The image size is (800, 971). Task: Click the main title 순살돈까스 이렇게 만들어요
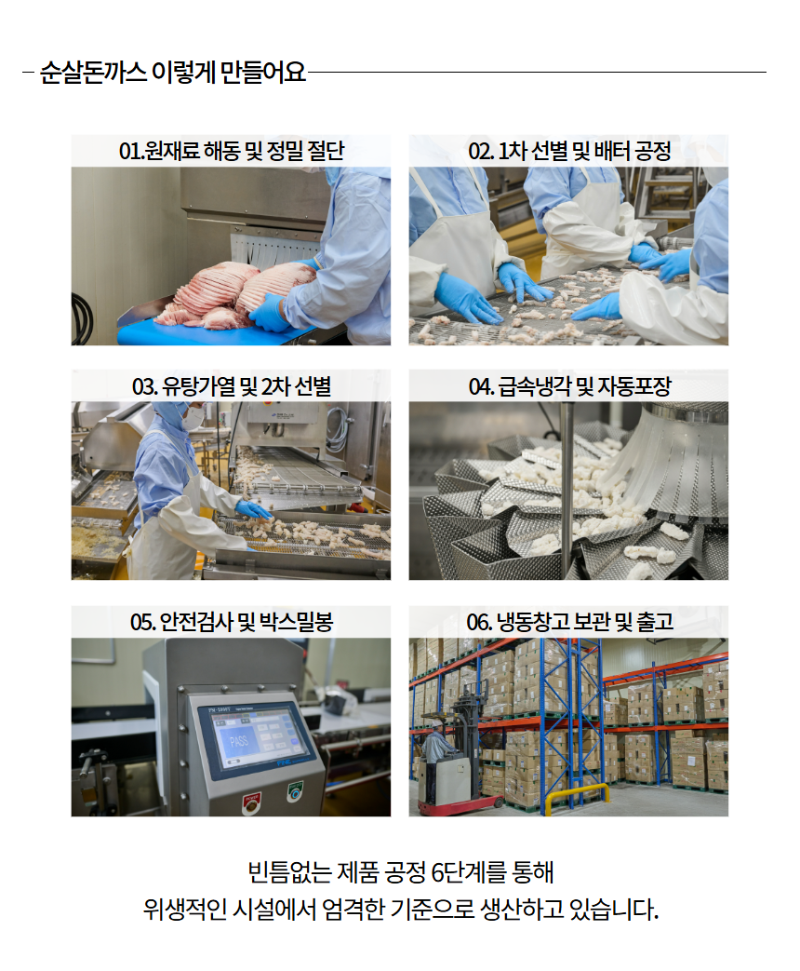tap(173, 73)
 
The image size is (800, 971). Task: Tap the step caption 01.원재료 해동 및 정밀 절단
tap(232, 151)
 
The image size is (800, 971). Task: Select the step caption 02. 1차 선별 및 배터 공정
tap(569, 151)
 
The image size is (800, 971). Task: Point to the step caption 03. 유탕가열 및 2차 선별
tap(232, 386)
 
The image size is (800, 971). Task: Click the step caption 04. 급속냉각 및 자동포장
tap(569, 386)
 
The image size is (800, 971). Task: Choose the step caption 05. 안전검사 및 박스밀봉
tap(232, 622)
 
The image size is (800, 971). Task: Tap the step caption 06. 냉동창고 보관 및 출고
tap(569, 622)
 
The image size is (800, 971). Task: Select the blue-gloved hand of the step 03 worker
tap(254, 509)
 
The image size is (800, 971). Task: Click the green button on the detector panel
tap(296, 790)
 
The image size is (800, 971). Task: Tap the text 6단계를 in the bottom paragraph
tap(468, 872)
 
